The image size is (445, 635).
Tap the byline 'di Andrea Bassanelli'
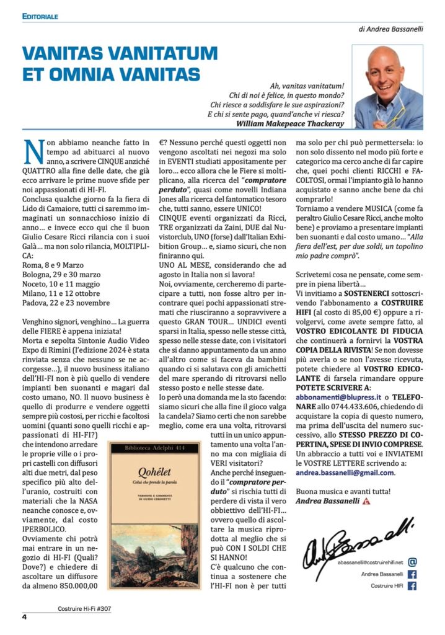tap(390, 29)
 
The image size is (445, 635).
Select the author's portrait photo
tap(387, 78)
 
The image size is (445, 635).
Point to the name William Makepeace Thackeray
tap(289, 123)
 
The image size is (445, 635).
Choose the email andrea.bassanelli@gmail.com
tap(345, 472)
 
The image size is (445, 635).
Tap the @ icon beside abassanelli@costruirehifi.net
tap(413, 562)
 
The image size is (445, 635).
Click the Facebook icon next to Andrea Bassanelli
tap(413, 574)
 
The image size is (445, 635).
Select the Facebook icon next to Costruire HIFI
tap(413, 586)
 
